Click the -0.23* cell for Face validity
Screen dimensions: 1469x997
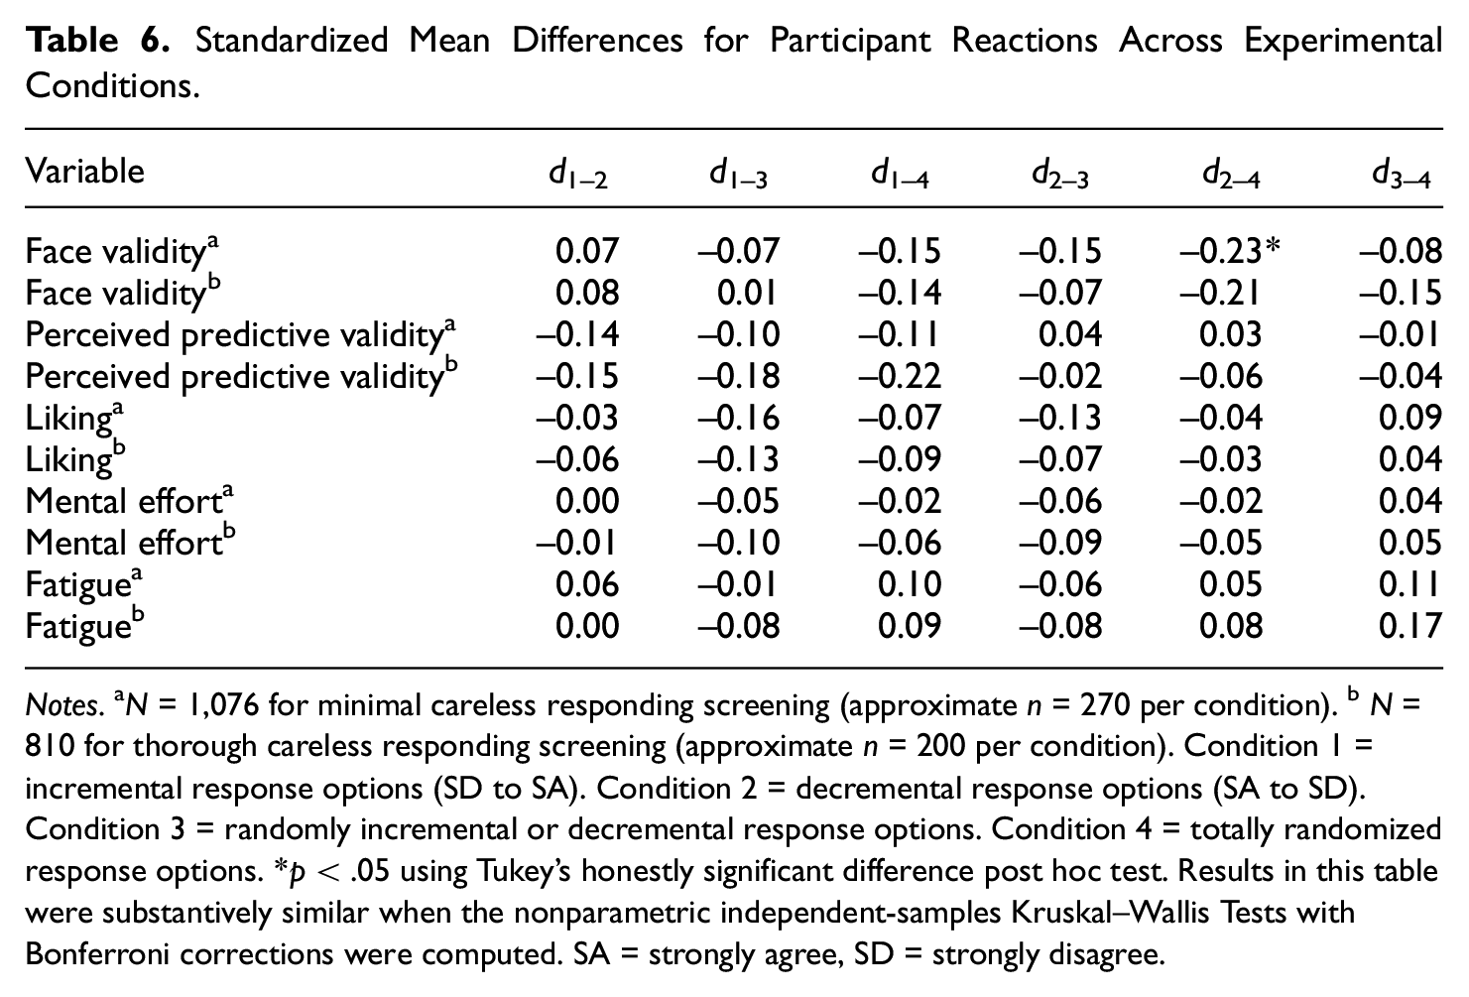pyautogui.click(x=1230, y=251)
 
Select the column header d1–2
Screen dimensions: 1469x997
pyautogui.click(x=578, y=175)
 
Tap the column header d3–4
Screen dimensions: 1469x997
pyautogui.click(x=1402, y=175)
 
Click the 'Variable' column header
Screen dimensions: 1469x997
pyautogui.click(x=84, y=172)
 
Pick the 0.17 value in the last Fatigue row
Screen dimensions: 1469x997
pyautogui.click(x=1409, y=626)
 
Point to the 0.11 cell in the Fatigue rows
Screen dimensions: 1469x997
pyautogui.click(x=1408, y=584)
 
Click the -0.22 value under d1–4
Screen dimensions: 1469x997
pyautogui.click(x=900, y=377)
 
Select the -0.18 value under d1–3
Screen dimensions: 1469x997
pyautogui.click(x=738, y=377)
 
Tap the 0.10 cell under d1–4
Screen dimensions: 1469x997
pyautogui.click(x=910, y=584)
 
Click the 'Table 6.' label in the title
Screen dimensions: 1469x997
pyautogui.click(x=97, y=40)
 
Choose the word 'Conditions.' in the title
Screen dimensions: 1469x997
pyautogui.click(x=112, y=85)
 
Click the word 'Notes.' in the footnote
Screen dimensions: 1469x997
pyautogui.click(x=64, y=705)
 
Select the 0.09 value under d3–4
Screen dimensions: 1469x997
pyautogui.click(x=1409, y=418)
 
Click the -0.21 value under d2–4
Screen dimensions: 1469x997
pyautogui.click(x=1219, y=294)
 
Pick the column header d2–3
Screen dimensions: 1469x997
pyautogui.click(x=1060, y=175)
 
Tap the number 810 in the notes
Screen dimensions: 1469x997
pyautogui.click(x=50, y=747)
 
